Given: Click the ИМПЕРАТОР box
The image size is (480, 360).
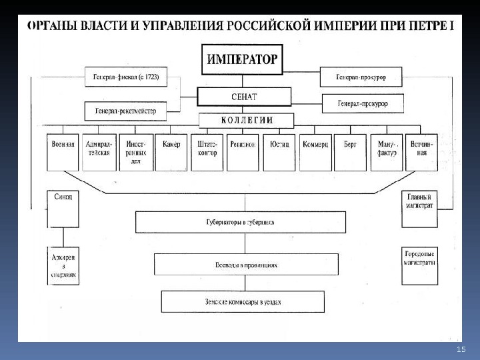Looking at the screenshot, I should pyautogui.click(x=241, y=59).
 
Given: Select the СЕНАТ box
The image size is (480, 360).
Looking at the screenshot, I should pyautogui.click(x=243, y=97).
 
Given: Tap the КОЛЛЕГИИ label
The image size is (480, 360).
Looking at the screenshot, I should pyautogui.click(x=247, y=121).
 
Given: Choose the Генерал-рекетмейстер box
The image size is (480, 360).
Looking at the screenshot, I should pyautogui.click(x=125, y=111).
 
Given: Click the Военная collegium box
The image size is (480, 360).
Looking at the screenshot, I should pyautogui.click(x=63, y=153).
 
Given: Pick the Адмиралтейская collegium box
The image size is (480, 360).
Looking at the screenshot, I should pyautogui.click(x=99, y=153).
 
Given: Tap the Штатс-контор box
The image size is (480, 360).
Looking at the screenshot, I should pyautogui.click(x=207, y=153).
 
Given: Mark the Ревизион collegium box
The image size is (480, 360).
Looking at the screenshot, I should pyautogui.click(x=243, y=153).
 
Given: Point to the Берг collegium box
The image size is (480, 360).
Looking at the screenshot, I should pyautogui.click(x=350, y=153).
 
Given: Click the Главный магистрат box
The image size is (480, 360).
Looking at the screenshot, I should pyautogui.click(x=420, y=201).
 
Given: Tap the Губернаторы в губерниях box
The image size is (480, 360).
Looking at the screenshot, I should pyautogui.click(x=241, y=222).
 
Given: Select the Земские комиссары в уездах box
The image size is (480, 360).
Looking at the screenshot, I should pyautogui.click(x=243, y=301).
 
